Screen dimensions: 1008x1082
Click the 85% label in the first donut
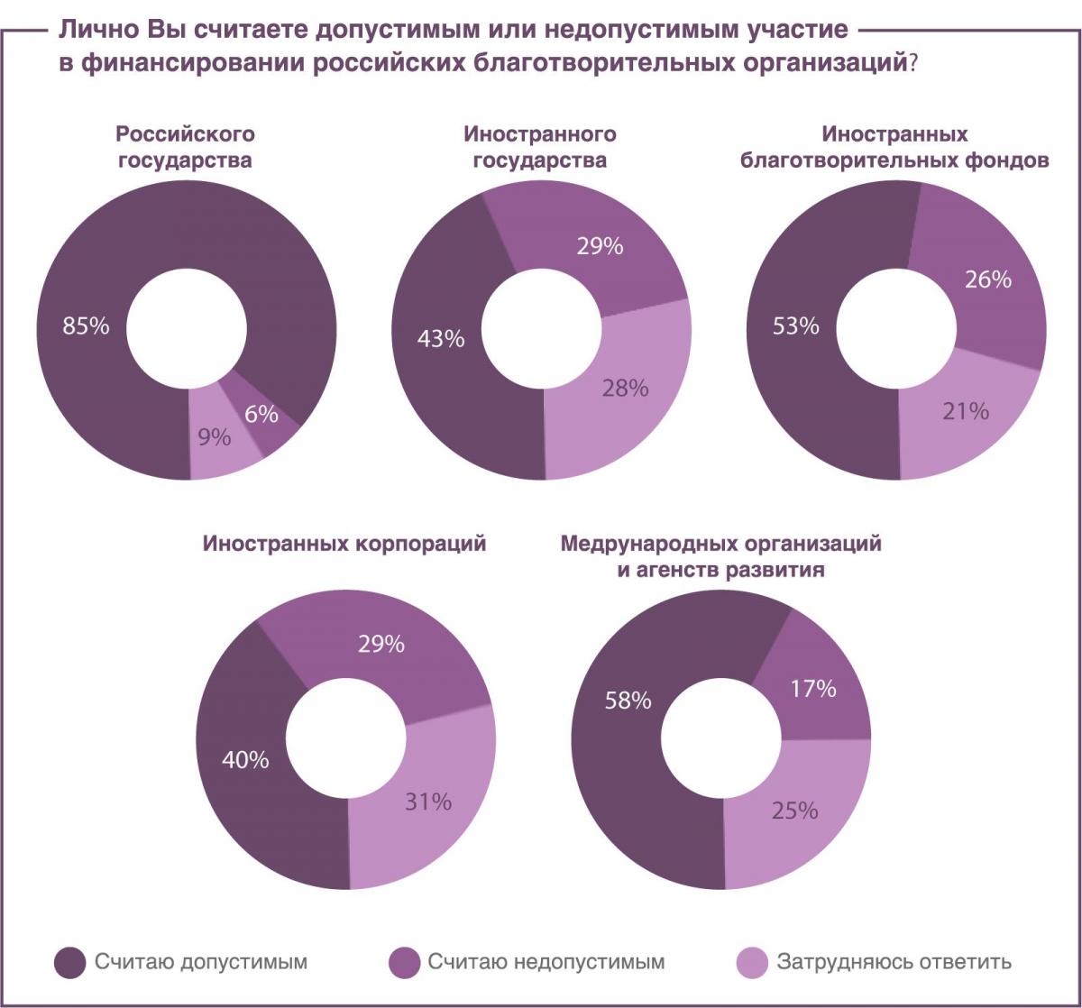(x=86, y=325)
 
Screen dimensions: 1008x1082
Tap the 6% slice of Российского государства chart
(x=261, y=415)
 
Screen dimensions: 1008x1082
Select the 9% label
(x=215, y=438)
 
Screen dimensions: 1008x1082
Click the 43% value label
(x=441, y=339)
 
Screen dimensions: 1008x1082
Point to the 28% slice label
(x=625, y=388)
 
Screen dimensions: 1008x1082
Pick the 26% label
(x=988, y=279)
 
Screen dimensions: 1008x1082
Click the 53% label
(x=796, y=325)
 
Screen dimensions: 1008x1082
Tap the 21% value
(x=966, y=411)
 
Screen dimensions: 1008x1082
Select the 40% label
(x=245, y=759)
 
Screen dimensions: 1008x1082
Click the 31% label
(x=428, y=801)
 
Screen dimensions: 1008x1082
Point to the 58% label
(x=628, y=700)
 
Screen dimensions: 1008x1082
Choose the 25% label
(x=794, y=810)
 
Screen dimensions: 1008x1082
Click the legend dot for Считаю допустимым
(x=70, y=962)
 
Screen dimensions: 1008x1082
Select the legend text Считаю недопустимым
(x=546, y=962)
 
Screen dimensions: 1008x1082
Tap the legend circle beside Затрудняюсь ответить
(x=752, y=962)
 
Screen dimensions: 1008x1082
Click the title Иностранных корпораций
(x=344, y=545)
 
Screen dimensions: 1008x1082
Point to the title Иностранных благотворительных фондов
(x=894, y=148)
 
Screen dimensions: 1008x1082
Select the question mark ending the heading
(x=912, y=65)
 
